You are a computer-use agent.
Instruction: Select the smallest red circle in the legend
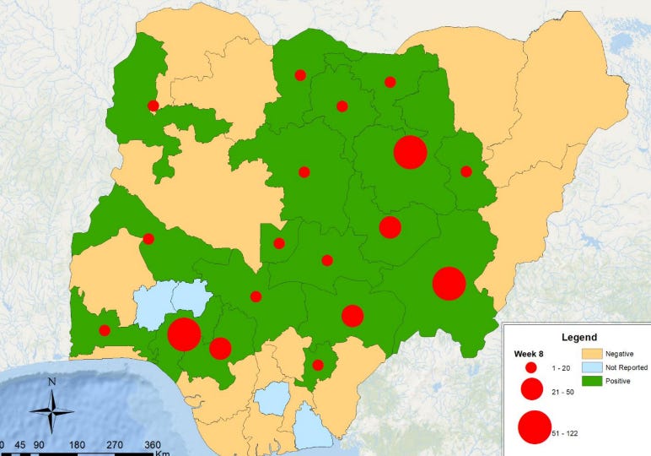coord(531,368)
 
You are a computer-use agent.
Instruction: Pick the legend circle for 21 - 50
coord(531,389)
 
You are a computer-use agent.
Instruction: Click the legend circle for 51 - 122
coord(534,426)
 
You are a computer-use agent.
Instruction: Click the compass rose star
coord(52,412)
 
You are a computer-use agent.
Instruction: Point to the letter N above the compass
coord(52,382)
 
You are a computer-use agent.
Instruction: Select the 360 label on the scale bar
coord(153,445)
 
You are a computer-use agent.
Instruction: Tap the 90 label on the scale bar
coord(39,445)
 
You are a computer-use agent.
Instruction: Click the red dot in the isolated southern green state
coord(318,365)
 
